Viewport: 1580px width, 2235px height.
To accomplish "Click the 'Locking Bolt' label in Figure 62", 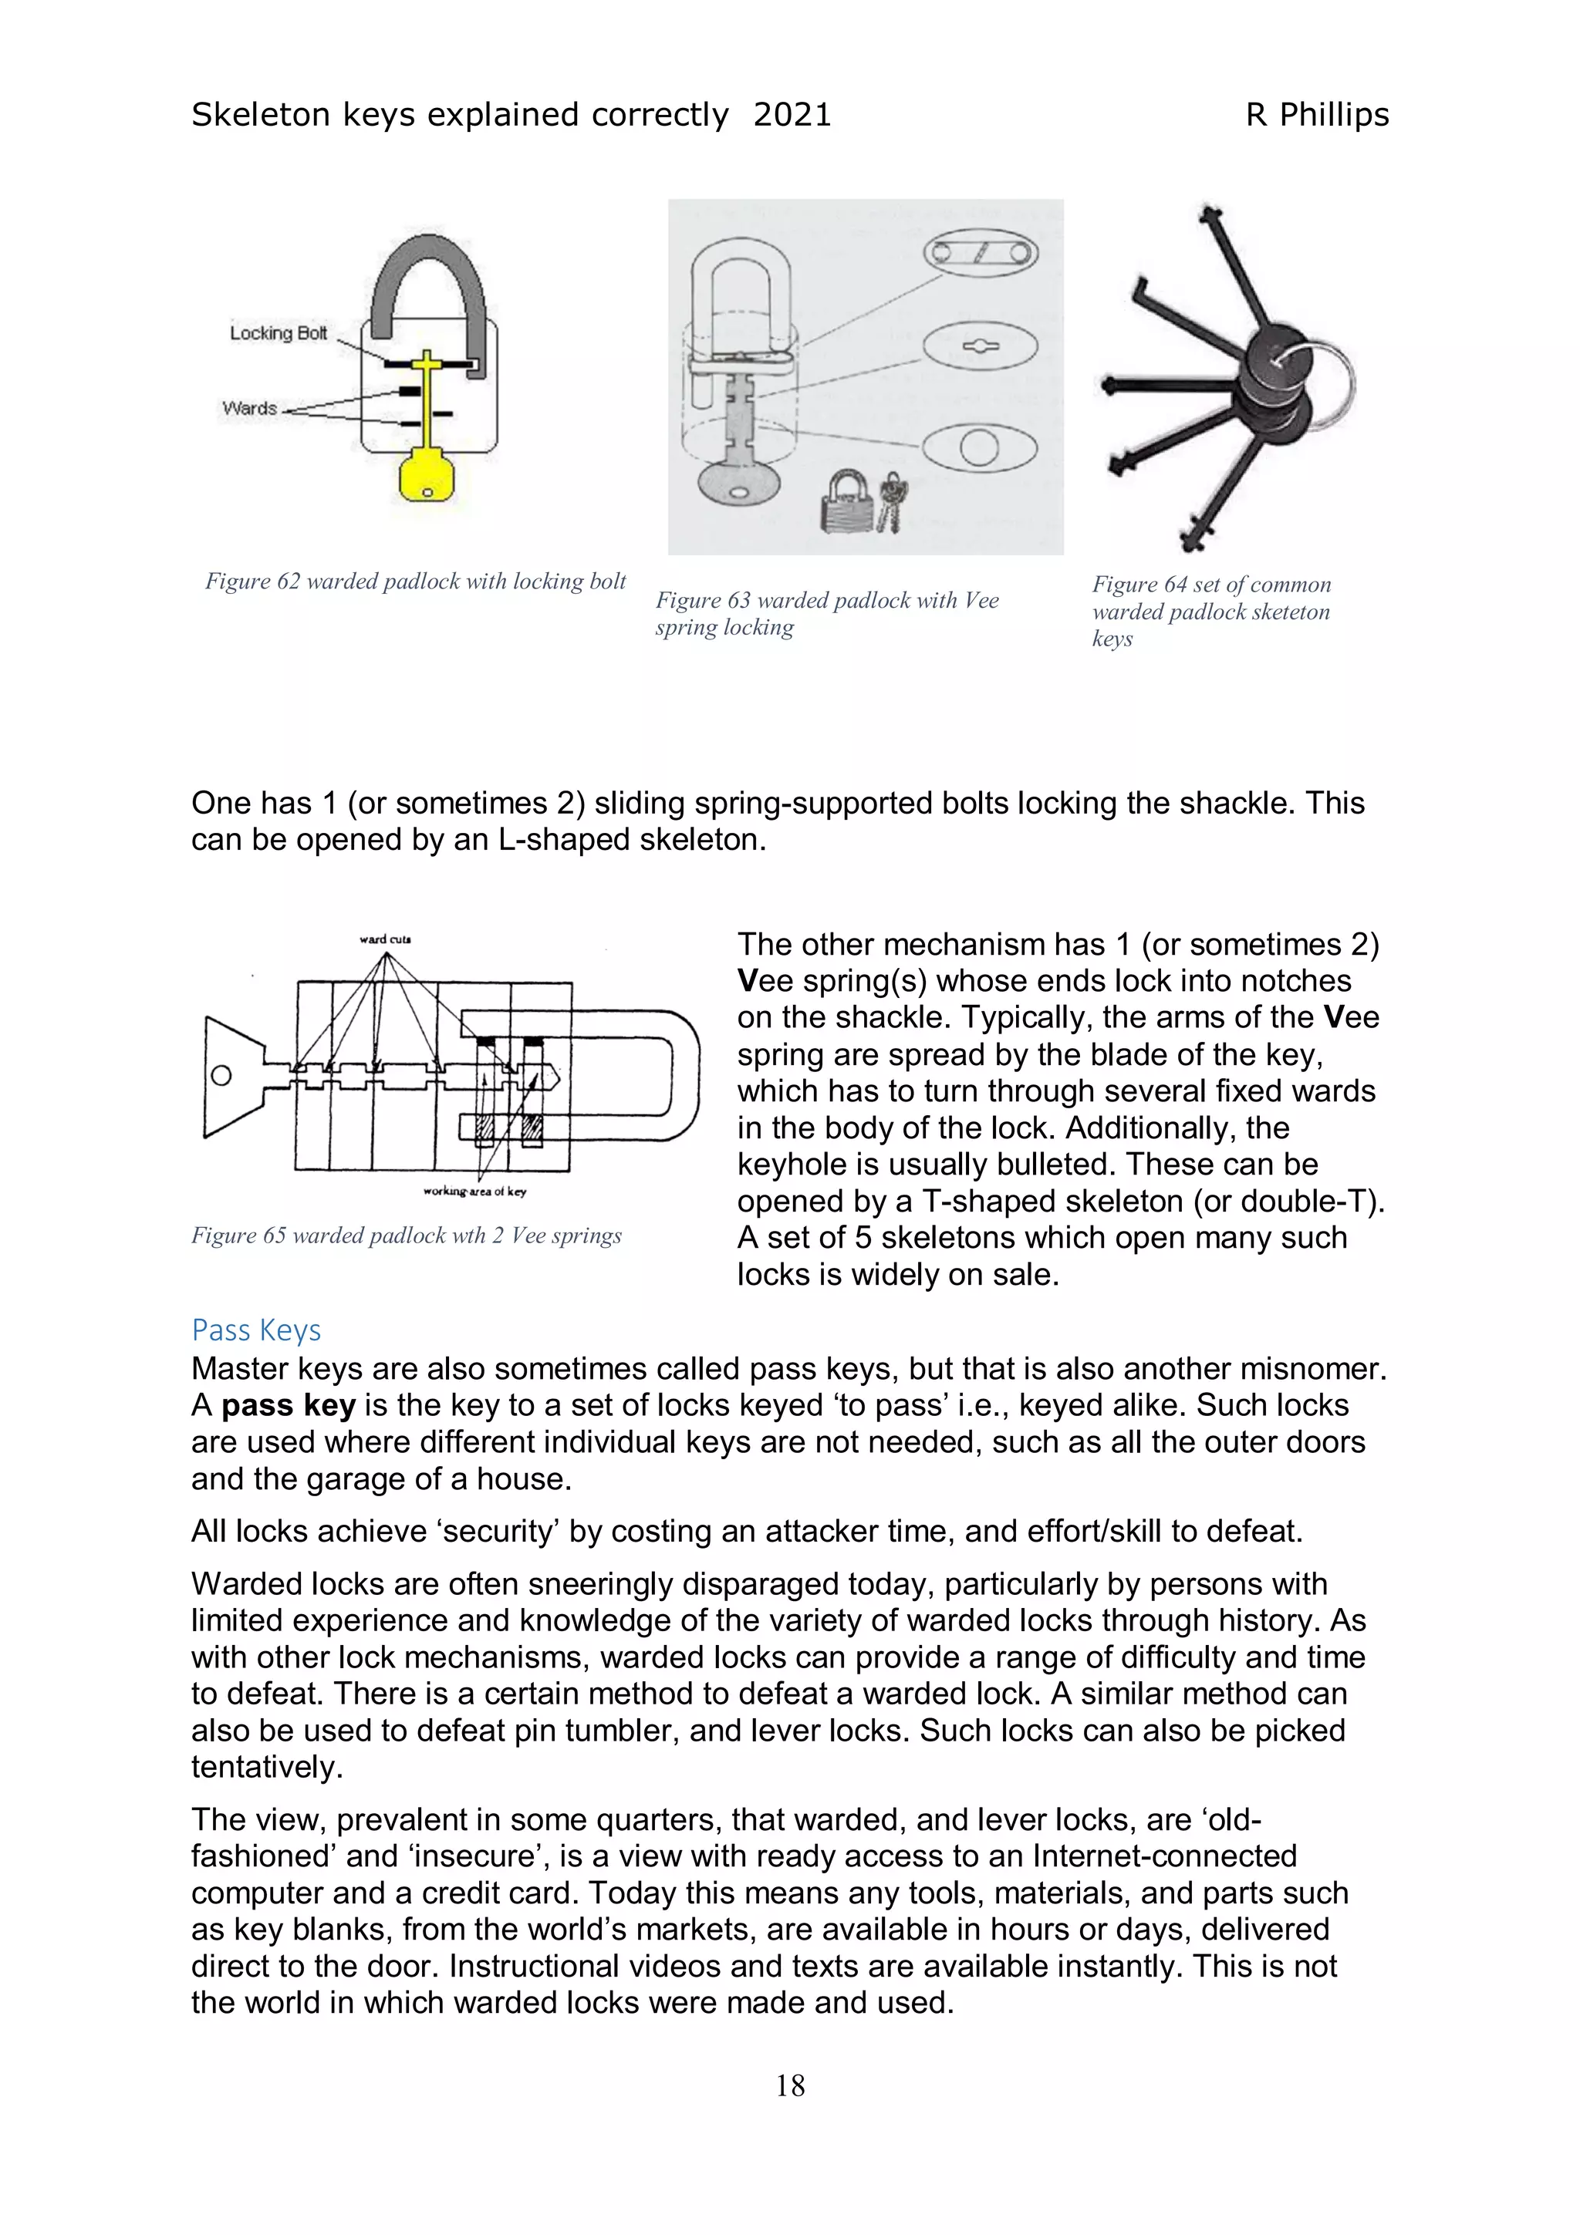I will click(x=279, y=333).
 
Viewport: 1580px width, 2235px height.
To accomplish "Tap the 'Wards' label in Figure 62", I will click(x=249, y=408).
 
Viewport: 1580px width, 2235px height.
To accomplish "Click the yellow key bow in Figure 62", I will click(x=427, y=476).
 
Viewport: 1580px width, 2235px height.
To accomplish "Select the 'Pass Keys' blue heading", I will click(x=256, y=1330).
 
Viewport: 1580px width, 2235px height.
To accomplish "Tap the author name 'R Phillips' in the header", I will click(x=1316, y=115).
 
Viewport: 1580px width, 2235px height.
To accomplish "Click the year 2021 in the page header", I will click(x=792, y=115).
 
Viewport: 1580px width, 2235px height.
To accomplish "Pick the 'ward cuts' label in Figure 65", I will click(x=386, y=939).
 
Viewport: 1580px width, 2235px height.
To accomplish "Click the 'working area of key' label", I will click(x=474, y=1192).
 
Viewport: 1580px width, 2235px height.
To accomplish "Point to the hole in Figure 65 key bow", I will click(x=221, y=1076).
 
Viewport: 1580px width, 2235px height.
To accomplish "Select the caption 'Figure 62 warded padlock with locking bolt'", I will click(x=415, y=582).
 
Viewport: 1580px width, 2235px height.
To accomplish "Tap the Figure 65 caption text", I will click(x=406, y=1235).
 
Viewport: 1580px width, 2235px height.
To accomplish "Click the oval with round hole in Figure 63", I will click(x=978, y=448).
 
